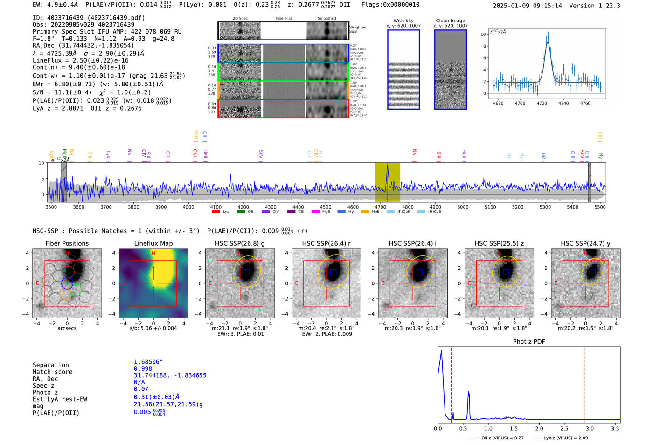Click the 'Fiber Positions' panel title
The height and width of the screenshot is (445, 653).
point(67,243)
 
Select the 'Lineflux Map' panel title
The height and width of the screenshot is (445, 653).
point(153,243)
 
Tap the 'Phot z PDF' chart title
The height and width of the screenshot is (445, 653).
point(529,342)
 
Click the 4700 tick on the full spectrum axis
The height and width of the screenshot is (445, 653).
point(381,207)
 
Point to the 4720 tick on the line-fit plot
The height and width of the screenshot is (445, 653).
point(542,103)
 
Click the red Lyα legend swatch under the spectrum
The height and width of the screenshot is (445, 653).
point(216,212)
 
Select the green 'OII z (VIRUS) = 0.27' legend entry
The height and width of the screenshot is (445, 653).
point(497,438)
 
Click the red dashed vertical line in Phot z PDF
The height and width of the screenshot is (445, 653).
point(584,383)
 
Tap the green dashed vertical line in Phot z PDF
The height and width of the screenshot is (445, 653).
point(452,383)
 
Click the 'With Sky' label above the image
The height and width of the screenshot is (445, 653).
point(403,21)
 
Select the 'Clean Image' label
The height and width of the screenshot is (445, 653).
point(451,21)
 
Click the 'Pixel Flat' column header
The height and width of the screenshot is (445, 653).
point(284,18)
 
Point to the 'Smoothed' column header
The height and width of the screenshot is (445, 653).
point(326,18)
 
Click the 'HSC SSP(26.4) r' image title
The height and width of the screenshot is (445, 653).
point(326,243)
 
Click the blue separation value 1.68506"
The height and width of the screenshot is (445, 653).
point(148,362)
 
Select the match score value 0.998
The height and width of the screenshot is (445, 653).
point(143,368)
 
